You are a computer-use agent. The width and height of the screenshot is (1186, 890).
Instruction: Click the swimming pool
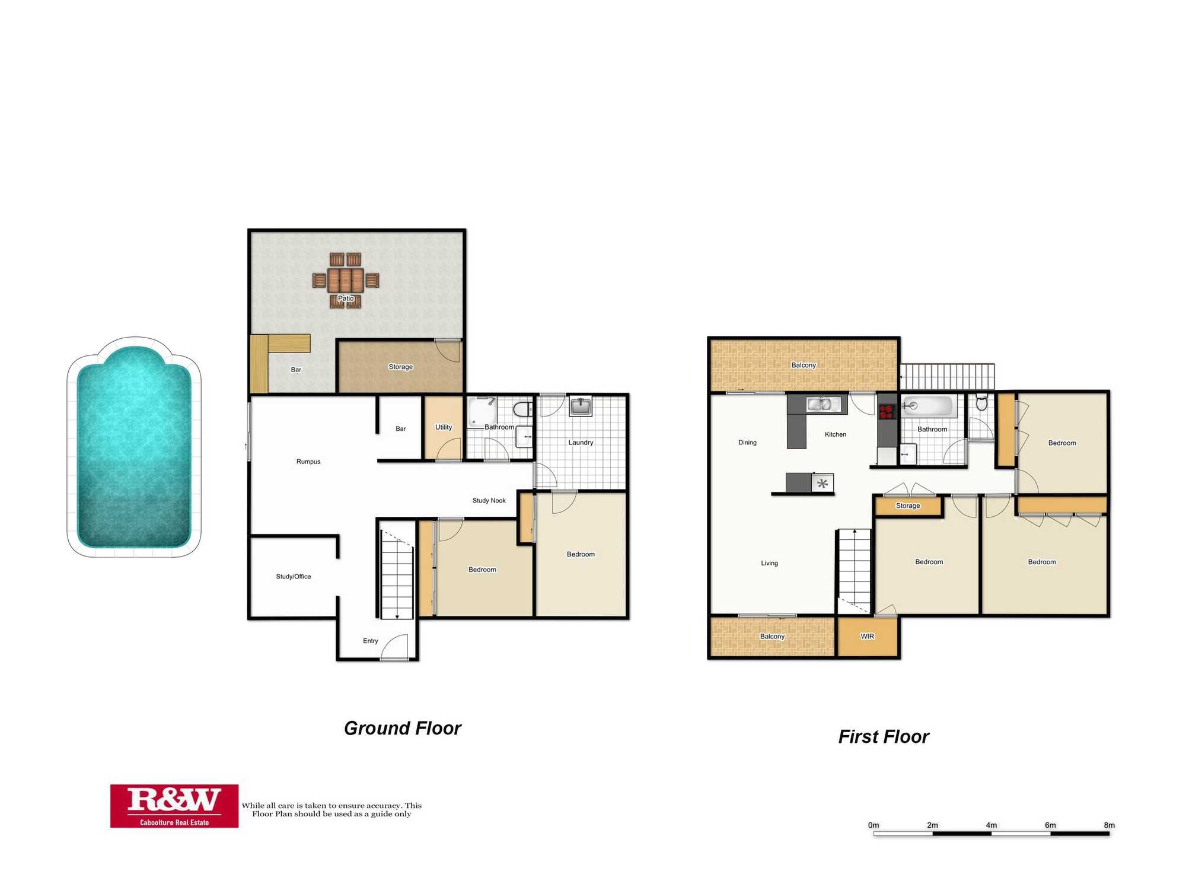point(134,448)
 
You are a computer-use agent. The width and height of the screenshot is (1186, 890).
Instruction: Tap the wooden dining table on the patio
point(346,279)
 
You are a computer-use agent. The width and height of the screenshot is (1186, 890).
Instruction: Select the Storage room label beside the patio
point(400,367)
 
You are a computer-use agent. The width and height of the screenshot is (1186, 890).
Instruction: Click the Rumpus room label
point(308,462)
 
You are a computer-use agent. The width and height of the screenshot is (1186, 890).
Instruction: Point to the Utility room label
point(444,427)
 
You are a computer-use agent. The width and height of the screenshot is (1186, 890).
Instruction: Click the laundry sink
point(580,406)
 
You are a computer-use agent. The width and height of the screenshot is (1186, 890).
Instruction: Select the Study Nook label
point(489,501)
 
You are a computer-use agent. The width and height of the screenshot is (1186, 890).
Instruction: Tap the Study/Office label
point(294,577)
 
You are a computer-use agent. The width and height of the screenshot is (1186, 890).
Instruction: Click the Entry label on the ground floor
point(371,641)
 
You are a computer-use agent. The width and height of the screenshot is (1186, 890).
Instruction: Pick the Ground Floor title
point(403,729)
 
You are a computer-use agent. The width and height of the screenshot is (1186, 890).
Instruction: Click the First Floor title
point(884,737)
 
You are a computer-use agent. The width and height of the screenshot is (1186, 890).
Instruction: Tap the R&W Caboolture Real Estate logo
point(174,806)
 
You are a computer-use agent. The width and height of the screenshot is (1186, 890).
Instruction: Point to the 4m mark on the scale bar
point(991,825)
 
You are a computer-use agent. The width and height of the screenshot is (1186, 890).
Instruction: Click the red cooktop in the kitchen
point(887,411)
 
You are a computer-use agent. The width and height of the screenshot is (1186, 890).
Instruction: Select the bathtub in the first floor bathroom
point(928,406)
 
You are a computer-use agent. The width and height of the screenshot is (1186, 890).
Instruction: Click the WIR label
point(868,637)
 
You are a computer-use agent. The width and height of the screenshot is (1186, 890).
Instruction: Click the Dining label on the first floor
point(748,443)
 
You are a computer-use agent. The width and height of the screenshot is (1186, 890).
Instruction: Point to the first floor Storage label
point(908,506)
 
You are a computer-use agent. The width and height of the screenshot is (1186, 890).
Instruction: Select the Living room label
point(770,564)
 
